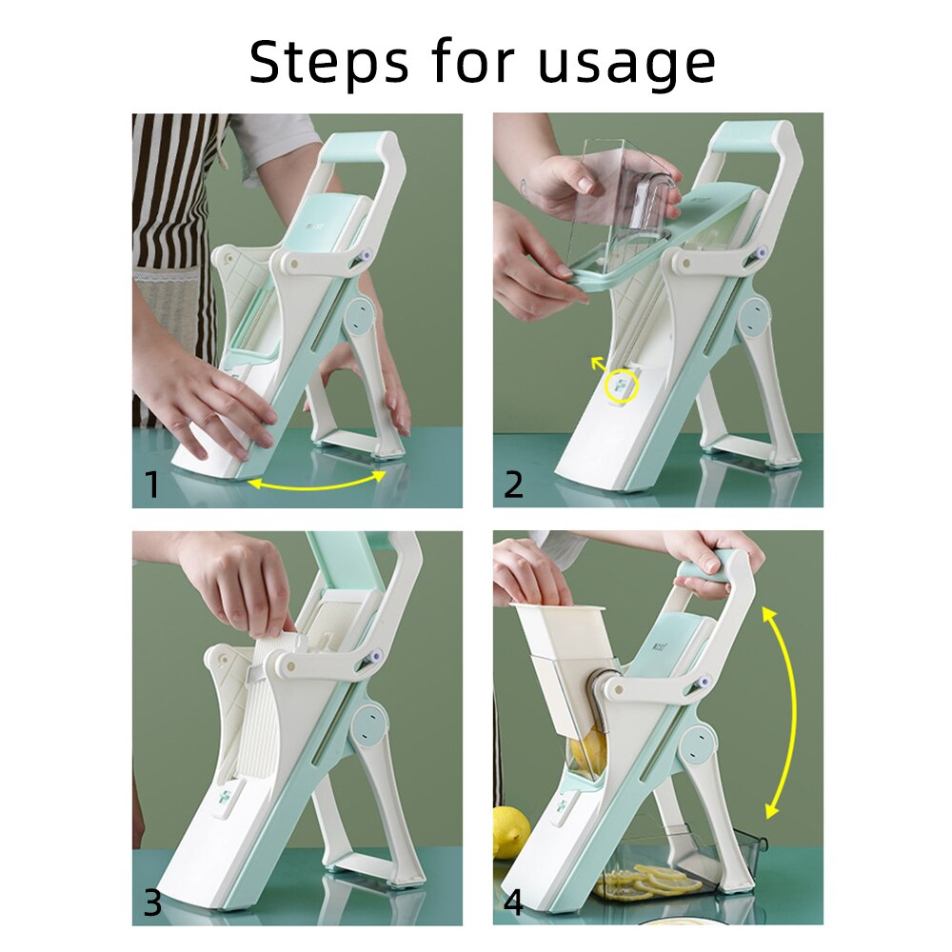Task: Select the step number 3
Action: pyautogui.click(x=151, y=902)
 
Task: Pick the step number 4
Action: pyautogui.click(x=513, y=902)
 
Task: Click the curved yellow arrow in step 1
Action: pyautogui.click(x=316, y=484)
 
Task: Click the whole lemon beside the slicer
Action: pyautogui.click(x=510, y=831)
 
